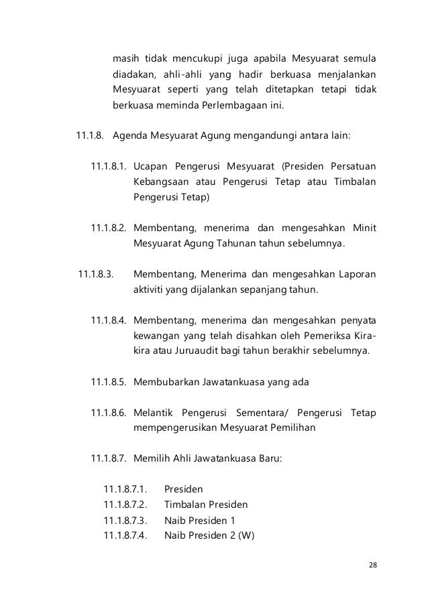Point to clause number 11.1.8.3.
point(96,274)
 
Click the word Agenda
point(131,136)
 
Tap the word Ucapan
point(151,166)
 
